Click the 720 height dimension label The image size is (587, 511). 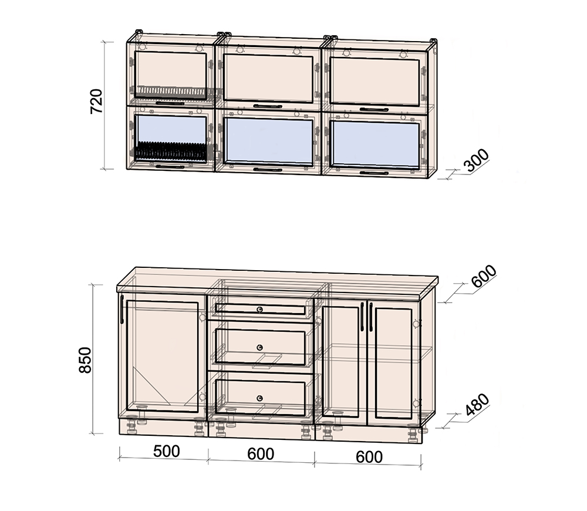point(96,101)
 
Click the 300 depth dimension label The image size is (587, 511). point(476,160)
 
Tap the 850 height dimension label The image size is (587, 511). point(85,360)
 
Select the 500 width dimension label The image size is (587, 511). point(166,451)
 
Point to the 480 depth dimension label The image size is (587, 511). point(477,405)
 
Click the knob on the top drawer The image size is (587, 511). point(260,310)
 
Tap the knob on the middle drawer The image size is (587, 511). point(260,347)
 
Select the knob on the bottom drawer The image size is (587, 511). point(260,398)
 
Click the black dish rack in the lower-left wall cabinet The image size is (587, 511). point(171,151)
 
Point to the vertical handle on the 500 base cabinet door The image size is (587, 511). point(122,309)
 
